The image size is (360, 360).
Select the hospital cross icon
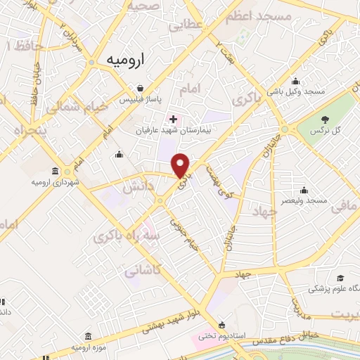click(173, 119)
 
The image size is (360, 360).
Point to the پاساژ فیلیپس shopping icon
click(141, 89)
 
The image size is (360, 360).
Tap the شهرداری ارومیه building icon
click(55, 171)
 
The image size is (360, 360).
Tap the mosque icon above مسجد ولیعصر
click(304, 190)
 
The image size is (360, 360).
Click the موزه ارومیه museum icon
click(87, 337)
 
